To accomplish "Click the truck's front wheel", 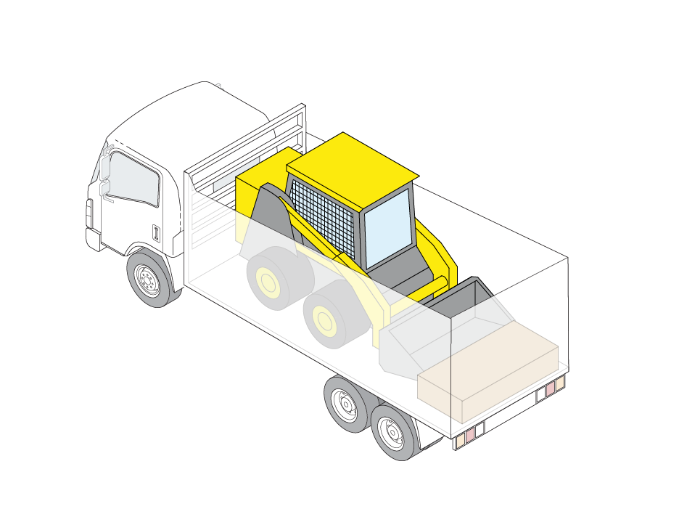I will [x=150, y=279].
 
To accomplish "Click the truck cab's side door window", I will [x=134, y=179].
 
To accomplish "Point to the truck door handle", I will [x=155, y=232].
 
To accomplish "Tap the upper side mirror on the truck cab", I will [x=105, y=164].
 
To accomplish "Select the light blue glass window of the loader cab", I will [x=387, y=227].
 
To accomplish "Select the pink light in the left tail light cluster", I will [x=469, y=434].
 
